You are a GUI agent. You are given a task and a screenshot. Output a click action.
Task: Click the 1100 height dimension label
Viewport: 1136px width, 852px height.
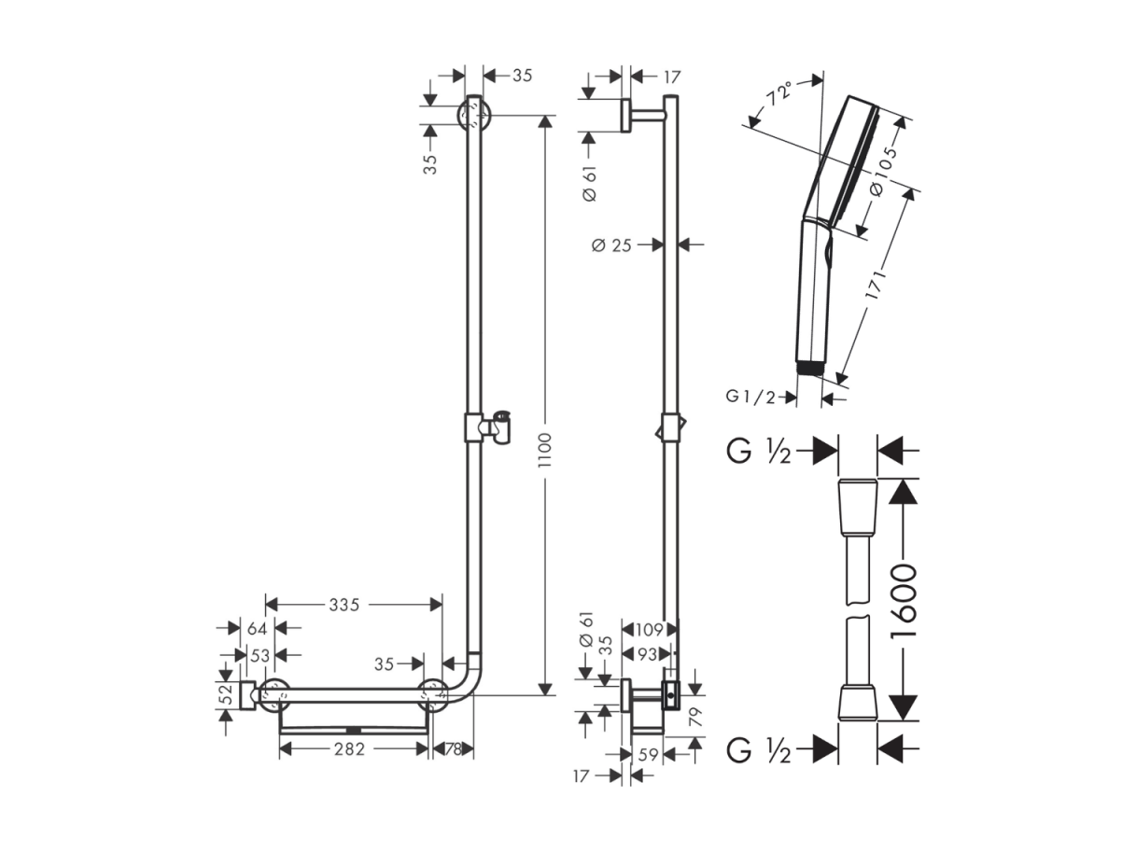click(x=545, y=451)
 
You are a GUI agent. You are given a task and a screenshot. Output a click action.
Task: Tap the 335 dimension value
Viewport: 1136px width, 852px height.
click(x=344, y=604)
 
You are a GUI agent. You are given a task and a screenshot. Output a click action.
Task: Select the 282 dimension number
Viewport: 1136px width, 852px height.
click(x=349, y=748)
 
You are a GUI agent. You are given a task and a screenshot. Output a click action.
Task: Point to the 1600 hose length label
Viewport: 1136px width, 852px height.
click(x=904, y=600)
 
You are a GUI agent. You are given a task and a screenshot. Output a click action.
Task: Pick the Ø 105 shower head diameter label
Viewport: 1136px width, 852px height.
click(x=883, y=170)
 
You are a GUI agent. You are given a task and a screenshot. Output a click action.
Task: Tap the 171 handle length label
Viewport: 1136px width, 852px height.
click(x=876, y=284)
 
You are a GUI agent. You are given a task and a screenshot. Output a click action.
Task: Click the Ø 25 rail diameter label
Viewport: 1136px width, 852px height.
click(x=611, y=244)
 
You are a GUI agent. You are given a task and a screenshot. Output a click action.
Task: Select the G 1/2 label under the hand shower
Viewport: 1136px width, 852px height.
click(x=750, y=397)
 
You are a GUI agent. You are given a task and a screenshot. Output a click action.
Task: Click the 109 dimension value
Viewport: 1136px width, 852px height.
click(x=649, y=630)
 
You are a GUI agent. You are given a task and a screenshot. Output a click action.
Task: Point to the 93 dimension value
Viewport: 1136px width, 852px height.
click(x=646, y=654)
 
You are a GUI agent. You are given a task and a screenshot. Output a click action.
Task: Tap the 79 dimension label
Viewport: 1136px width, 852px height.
click(x=696, y=717)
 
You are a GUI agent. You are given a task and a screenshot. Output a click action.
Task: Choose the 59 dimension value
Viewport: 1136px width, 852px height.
click(x=648, y=755)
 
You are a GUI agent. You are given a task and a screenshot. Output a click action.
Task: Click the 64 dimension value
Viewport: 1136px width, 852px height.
click(x=258, y=629)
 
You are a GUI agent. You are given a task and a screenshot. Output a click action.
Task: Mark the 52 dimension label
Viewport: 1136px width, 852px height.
click(x=227, y=694)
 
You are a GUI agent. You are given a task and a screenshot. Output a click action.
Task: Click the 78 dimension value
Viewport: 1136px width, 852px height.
click(x=454, y=748)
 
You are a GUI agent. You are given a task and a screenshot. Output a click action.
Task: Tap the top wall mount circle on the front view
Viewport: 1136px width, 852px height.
click(x=473, y=115)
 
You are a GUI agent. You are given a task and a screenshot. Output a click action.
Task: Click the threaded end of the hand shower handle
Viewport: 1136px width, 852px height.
click(x=809, y=369)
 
